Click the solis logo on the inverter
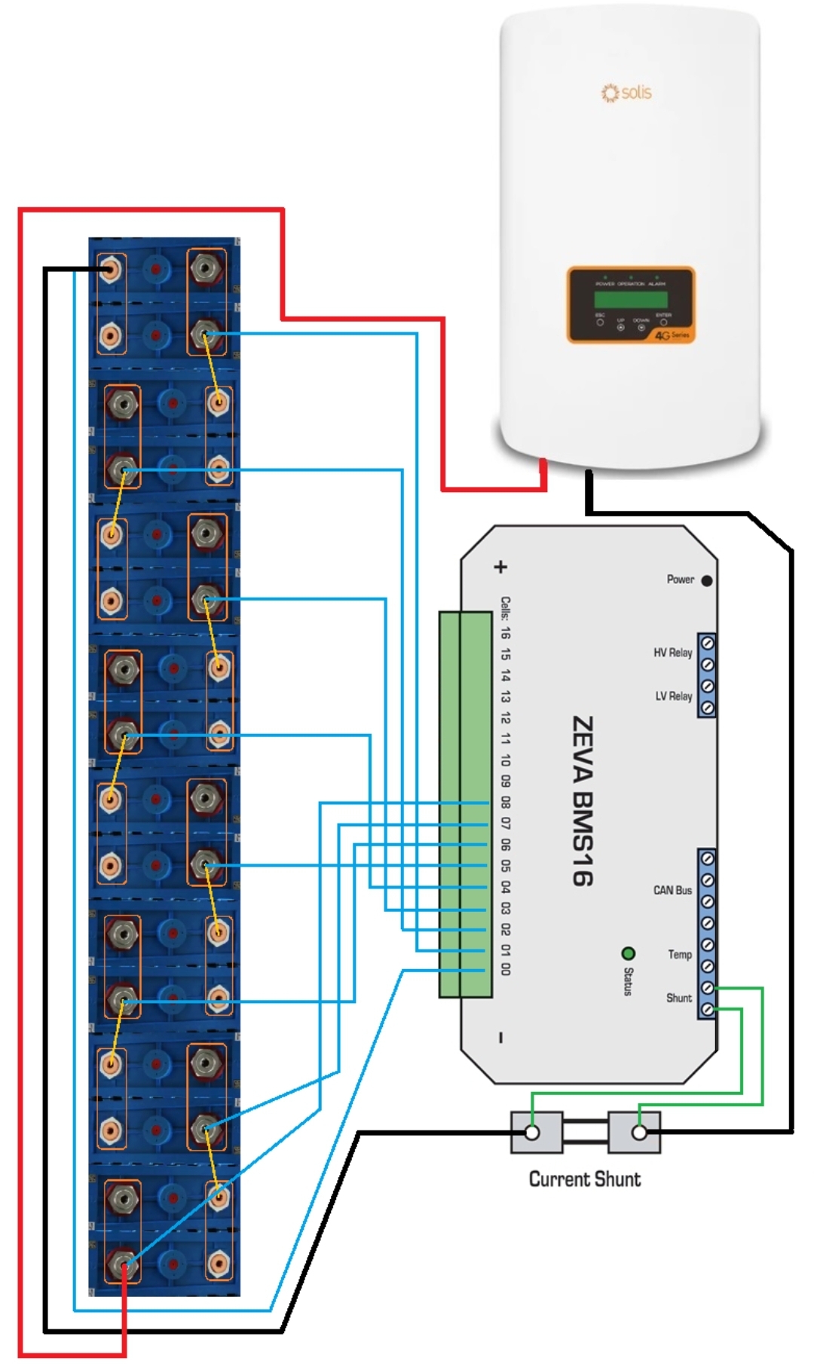[626, 93]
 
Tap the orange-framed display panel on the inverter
[631, 304]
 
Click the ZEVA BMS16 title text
[582, 800]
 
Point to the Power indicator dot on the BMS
[706, 580]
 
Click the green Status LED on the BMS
[628, 954]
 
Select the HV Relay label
[672, 653]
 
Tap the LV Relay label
[673, 696]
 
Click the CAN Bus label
[672, 890]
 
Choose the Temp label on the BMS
[679, 955]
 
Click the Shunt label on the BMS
[678, 998]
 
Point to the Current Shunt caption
[585, 1179]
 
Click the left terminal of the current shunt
[533, 1133]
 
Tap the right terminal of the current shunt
[639, 1133]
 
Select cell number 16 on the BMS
[505, 632]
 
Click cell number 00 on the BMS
[505, 969]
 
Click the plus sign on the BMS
[500, 567]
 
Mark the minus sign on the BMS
[500, 1038]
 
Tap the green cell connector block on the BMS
[465, 804]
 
